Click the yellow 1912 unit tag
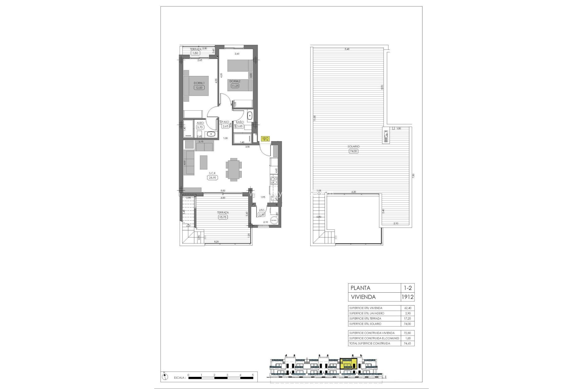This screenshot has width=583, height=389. pos(265,139)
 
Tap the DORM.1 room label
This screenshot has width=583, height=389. pos(199,83)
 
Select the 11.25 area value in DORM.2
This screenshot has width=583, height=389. pos(235,86)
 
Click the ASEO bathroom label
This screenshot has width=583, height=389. pos(200,123)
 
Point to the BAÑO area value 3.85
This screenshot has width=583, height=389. pos(240,126)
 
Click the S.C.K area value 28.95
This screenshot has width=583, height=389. pos(212,178)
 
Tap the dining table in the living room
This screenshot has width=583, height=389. pos(234,169)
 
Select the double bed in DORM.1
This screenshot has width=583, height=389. pos(196,86)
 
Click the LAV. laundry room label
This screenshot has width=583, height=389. pos(261,210)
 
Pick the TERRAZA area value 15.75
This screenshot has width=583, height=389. pos(223,217)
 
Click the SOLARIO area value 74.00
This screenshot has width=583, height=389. pos(353,151)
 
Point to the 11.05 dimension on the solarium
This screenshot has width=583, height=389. pos(315,118)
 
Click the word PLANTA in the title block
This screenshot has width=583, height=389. pos(360,288)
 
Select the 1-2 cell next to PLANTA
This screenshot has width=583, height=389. pos(407,288)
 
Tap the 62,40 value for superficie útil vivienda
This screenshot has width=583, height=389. pos(407,308)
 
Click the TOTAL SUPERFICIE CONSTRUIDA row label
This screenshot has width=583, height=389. pos(370,343)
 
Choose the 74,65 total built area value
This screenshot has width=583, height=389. pos(407,343)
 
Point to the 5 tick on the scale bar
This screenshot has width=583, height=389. pos(253,375)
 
